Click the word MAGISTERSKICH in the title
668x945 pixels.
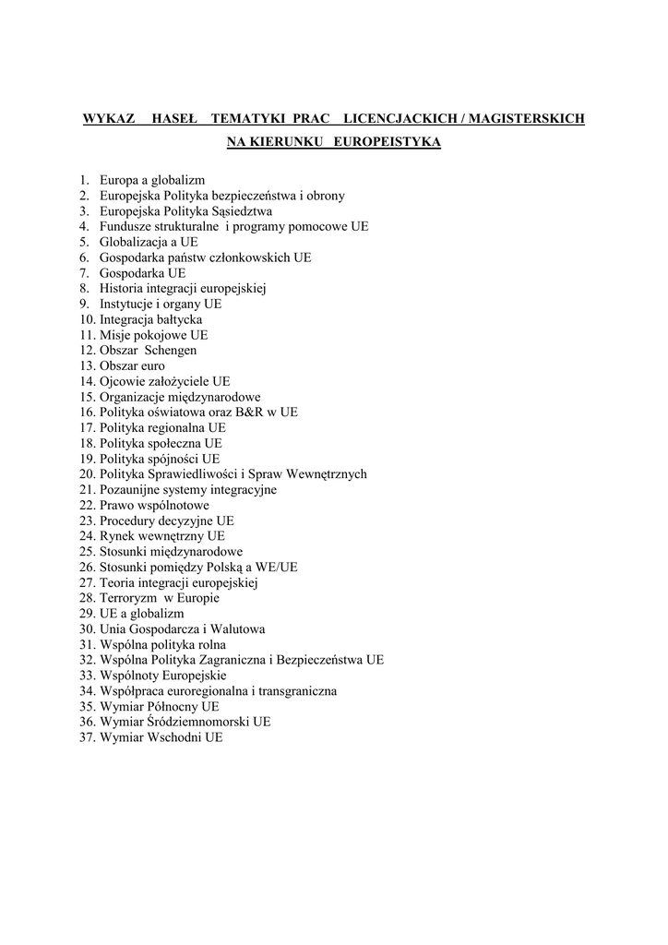(x=530, y=118)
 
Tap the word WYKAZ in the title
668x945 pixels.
(x=109, y=118)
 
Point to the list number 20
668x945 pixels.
(x=87, y=473)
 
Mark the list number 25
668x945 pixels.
(x=87, y=551)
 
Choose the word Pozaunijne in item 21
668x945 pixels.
(x=131, y=489)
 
